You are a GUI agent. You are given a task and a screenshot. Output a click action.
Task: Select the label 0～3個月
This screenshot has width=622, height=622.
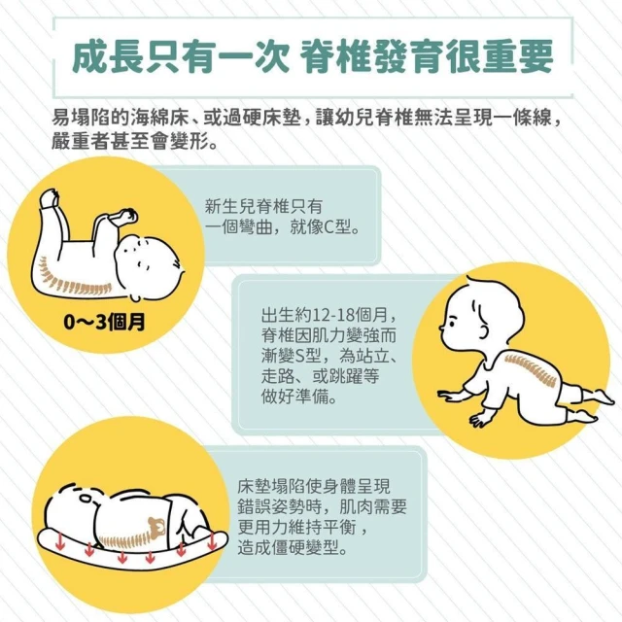104,322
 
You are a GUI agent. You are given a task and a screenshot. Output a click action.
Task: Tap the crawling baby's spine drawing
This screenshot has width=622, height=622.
531,369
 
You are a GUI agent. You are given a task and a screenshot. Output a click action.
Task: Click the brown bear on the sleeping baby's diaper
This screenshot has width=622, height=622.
156,528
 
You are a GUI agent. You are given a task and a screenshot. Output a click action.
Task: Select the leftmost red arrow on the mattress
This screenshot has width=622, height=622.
60,542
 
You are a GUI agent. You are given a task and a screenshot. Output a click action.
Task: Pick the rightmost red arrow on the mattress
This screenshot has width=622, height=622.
212,540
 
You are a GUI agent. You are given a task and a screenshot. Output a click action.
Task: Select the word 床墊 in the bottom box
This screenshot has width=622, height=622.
257,487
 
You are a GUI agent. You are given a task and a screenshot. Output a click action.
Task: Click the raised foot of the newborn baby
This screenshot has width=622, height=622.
50,198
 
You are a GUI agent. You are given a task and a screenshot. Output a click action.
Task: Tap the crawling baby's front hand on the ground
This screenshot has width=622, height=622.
449,396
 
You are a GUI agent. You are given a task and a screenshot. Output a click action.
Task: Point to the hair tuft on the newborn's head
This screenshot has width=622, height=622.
177,265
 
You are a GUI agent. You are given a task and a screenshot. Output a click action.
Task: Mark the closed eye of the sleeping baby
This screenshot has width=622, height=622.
86,498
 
